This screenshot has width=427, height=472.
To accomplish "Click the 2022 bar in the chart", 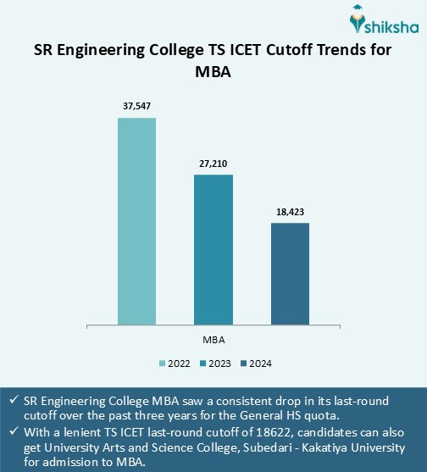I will [136, 220].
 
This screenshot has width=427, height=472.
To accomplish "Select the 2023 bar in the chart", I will [213, 248].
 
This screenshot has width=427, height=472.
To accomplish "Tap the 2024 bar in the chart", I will [290, 273].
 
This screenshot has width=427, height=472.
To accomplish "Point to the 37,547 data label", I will [136, 106].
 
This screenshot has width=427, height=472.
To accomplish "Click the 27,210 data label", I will [213, 163].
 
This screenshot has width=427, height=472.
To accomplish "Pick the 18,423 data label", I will [290, 212].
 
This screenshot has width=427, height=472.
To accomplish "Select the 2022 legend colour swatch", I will [163, 364].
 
